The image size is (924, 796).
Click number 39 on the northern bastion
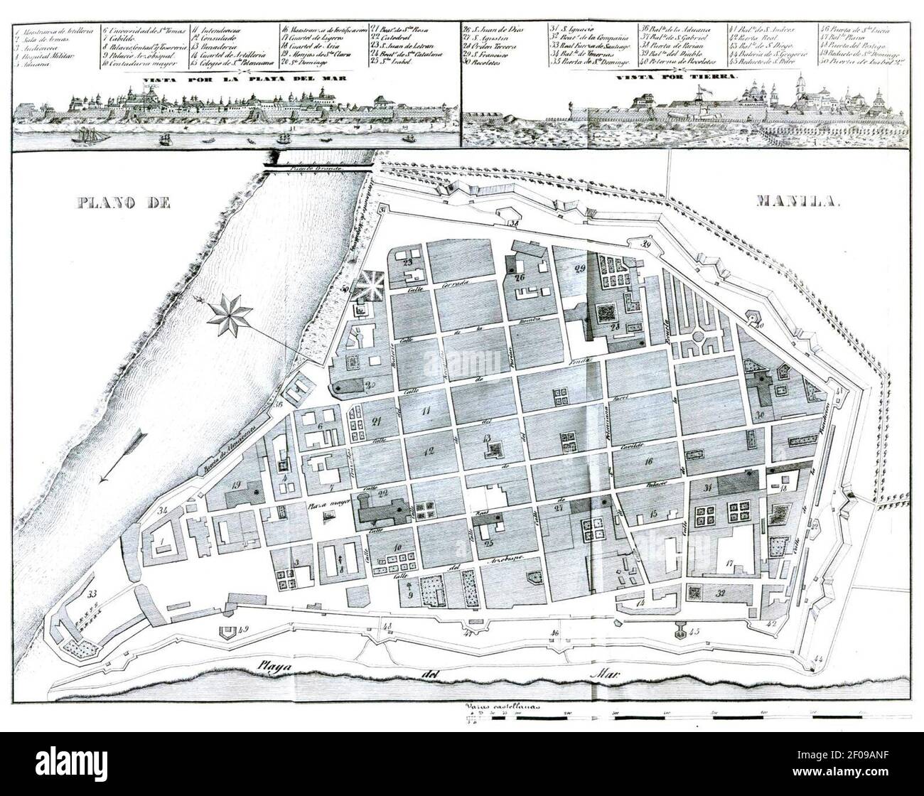tap(645, 245)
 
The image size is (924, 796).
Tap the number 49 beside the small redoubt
tap(244, 628)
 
